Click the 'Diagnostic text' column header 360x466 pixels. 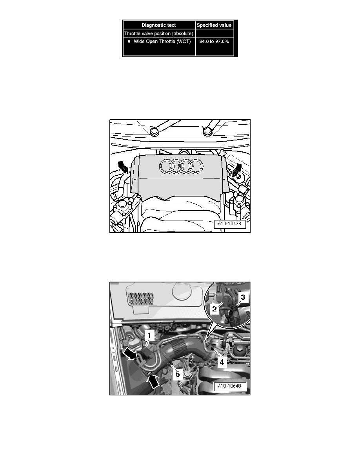coord(159,25)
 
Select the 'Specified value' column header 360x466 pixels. coord(214,25)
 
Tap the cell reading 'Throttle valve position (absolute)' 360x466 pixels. coord(159,33)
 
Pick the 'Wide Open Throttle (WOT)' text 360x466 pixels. coord(162,41)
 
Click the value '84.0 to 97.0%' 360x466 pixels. coord(214,41)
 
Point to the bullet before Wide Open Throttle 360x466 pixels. coord(128,41)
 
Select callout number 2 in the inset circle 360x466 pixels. coord(215,309)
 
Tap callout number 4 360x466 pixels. coord(221,362)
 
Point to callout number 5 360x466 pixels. coord(178,375)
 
